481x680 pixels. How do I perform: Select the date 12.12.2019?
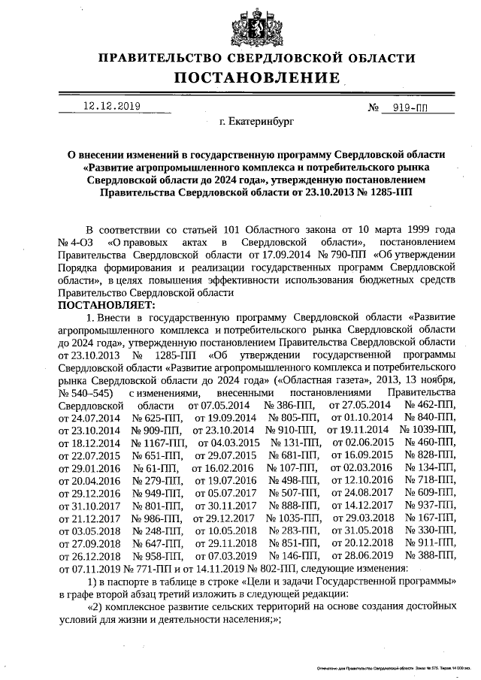coord(112,107)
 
